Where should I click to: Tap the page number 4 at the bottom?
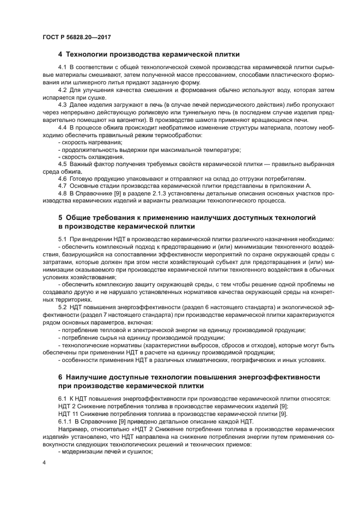click(44, 462)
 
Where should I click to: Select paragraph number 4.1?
click(62, 67)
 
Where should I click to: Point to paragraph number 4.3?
click(62, 104)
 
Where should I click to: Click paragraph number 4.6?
click(62, 179)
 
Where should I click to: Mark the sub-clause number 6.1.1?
click(65, 421)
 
